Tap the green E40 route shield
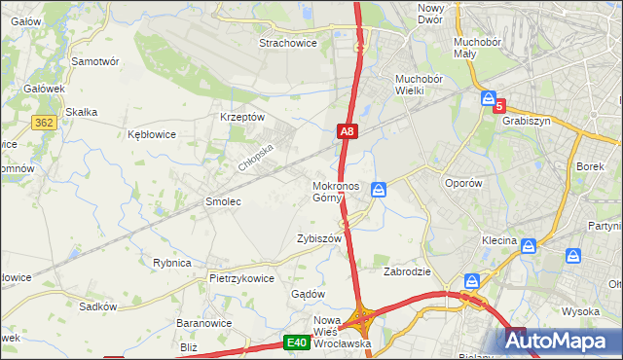(x=298, y=342)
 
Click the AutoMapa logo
(x=563, y=341)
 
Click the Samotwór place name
(x=95, y=60)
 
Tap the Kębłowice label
(x=152, y=134)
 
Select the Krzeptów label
(x=243, y=117)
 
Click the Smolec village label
(x=222, y=201)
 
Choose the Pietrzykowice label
(x=241, y=277)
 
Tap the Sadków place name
(x=98, y=306)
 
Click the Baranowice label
(x=202, y=322)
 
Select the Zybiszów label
(x=318, y=238)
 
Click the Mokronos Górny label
(x=336, y=192)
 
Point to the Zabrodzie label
(x=407, y=271)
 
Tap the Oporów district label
(x=462, y=183)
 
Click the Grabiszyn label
(x=527, y=122)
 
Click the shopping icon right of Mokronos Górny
(x=380, y=189)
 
